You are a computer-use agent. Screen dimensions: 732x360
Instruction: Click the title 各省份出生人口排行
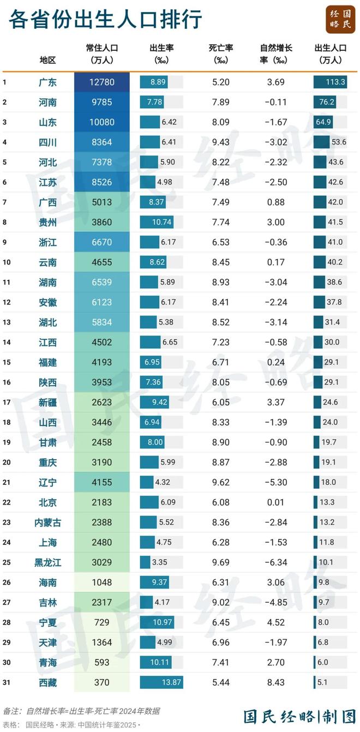[105, 20]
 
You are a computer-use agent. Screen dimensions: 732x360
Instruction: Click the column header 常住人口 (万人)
[102, 53]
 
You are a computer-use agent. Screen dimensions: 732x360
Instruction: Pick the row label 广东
[48, 82]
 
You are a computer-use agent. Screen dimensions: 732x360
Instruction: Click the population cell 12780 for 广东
[102, 82]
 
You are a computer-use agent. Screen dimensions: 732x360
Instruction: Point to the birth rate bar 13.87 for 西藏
[161, 682]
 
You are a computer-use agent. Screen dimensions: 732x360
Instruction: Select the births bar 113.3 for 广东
[331, 82]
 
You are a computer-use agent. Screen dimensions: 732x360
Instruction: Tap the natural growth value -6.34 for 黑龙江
[275, 562]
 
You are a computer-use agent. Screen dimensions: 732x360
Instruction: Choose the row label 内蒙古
[48, 522]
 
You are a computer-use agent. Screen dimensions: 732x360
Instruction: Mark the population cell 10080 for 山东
[102, 122]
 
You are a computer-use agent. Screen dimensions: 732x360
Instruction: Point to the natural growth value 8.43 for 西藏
[275, 682]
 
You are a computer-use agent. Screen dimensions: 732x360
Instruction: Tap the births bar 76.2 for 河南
[325, 102]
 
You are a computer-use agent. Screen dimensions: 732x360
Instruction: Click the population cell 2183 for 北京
[102, 502]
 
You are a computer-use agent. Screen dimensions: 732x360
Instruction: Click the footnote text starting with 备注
[82, 711]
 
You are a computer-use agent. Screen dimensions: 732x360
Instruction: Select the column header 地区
[48, 60]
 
